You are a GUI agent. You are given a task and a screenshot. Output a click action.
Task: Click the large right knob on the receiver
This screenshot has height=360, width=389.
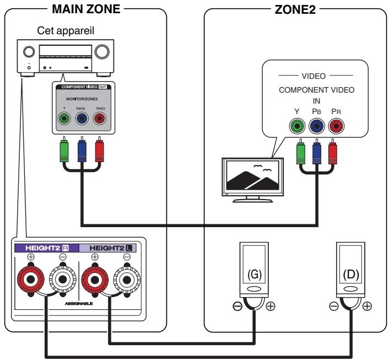click(x=102, y=52)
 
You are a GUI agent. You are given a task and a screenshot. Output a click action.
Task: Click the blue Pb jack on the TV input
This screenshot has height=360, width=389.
click(x=316, y=126)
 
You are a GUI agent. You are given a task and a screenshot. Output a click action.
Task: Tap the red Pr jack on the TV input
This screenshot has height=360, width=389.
click(x=334, y=126)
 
